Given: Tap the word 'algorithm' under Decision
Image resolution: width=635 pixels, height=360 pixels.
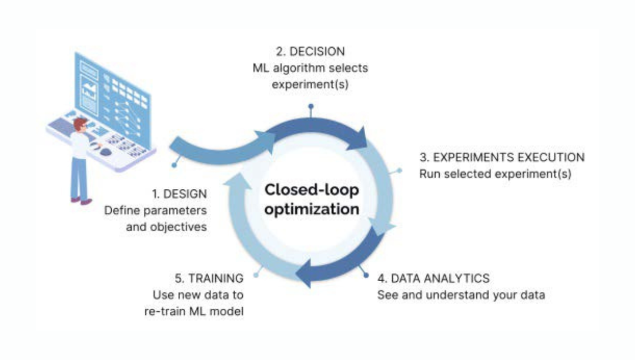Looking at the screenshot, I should pyautogui.click(x=309, y=68).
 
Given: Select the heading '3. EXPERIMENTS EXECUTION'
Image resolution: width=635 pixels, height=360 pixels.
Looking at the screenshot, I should pyautogui.click(x=502, y=158).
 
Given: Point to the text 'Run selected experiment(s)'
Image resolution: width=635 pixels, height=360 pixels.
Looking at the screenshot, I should pyautogui.click(x=494, y=174).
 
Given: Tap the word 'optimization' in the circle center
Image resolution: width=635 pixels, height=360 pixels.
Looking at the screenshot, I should pyautogui.click(x=312, y=209).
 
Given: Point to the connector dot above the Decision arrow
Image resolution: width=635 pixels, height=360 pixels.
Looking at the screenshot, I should pyautogui.click(x=311, y=106).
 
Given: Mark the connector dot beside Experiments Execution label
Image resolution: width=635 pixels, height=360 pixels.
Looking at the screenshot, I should pyautogui.click(x=399, y=171).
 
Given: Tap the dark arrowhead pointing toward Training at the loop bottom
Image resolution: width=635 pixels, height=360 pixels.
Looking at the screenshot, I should pyautogui.click(x=303, y=274).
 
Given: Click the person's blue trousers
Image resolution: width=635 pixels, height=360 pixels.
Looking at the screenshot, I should pyautogui.click(x=79, y=176).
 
